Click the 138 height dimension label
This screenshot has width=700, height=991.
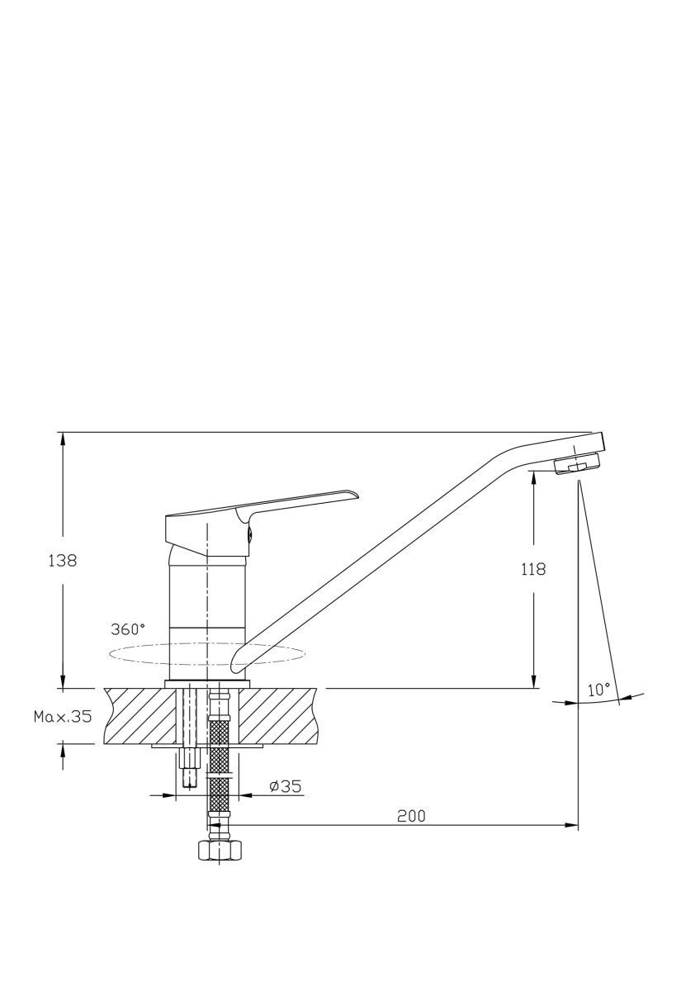coord(63,561)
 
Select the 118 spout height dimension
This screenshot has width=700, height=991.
coord(534,569)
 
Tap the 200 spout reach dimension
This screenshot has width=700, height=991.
coord(411,815)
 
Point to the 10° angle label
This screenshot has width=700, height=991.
coord(598,690)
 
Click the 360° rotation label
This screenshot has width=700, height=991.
coord(128,629)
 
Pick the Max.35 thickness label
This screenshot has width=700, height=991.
coord(63,716)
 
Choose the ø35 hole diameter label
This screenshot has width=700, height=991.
coord(286,786)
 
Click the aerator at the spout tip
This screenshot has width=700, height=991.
coord(578,464)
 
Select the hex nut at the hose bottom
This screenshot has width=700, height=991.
coord(220,850)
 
